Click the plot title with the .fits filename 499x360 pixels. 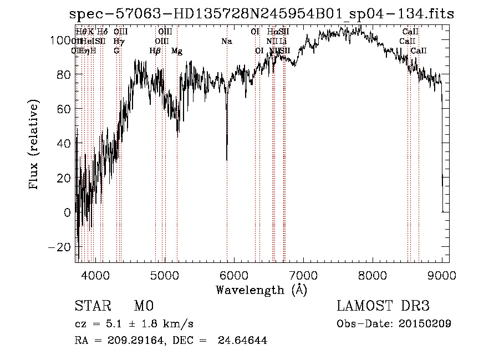point(261,14)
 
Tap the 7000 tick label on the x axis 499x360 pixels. point(303,276)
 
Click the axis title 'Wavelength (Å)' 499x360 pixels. point(261,290)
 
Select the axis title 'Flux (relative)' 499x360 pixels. point(34,145)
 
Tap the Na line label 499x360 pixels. point(226,41)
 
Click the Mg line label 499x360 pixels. point(177,51)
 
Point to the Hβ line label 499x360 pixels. point(155,51)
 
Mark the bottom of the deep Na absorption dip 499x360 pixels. point(227,160)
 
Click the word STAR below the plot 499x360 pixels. point(93,306)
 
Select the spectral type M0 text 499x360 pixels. point(143,306)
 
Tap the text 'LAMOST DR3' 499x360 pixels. point(383,306)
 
